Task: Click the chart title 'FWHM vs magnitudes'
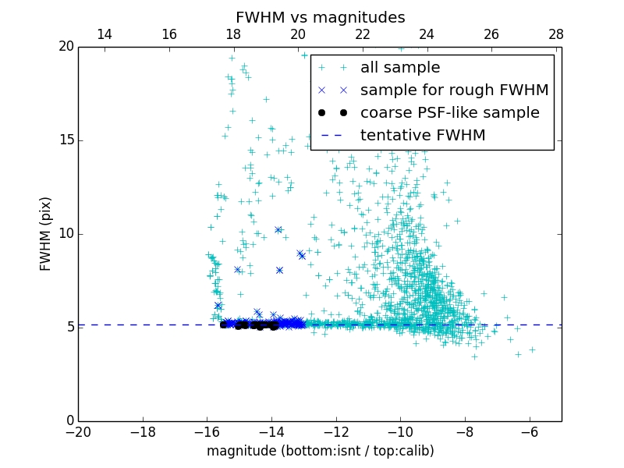point(320,17)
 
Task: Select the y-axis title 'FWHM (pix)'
point(46,234)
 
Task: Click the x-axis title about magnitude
point(320,451)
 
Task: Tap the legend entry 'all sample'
point(399,68)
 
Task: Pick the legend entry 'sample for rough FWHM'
point(454,90)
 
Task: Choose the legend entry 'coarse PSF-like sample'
point(449,113)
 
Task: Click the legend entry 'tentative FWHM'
point(422,136)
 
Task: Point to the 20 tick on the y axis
point(66,47)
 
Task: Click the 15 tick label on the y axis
point(66,140)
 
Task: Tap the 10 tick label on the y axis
point(66,234)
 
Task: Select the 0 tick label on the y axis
point(69,421)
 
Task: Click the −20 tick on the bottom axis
point(78,431)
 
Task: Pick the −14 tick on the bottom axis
point(271,431)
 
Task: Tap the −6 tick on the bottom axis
point(530,431)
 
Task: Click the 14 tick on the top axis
point(105,34)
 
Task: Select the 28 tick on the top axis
point(556,34)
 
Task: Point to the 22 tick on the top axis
point(363,34)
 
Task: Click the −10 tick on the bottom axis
point(400,431)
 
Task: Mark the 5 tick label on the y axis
point(69,328)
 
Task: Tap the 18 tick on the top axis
point(233,34)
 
